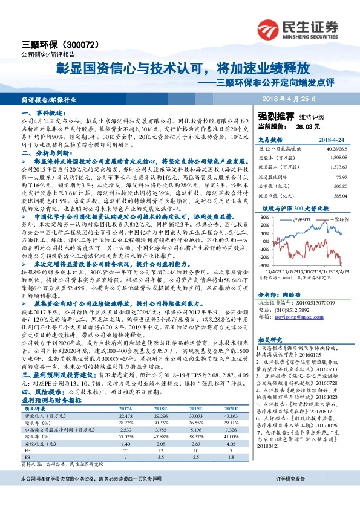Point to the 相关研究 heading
click(269, 340)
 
